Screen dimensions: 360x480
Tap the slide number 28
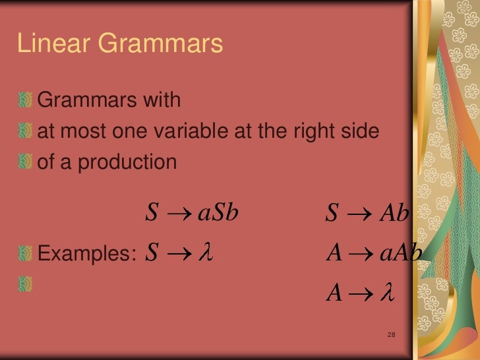coord(391,336)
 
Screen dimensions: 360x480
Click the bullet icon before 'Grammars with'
coord(26,101)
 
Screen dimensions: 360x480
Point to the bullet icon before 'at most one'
coord(26,132)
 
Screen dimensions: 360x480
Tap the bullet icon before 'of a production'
coord(26,162)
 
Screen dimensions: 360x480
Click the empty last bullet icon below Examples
coord(26,284)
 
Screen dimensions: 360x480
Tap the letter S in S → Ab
coord(332,214)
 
